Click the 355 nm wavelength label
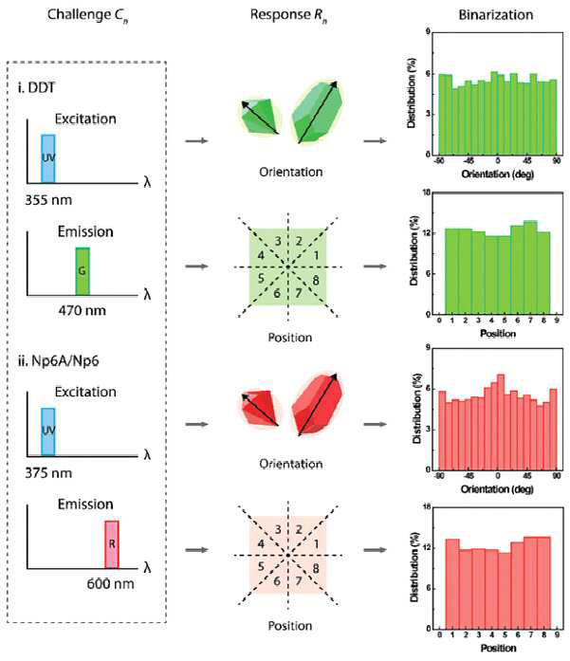click(48, 200)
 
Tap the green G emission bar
click(83, 271)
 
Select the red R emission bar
click(112, 544)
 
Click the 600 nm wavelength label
click(110, 584)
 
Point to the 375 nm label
click(48, 473)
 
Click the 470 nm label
click(83, 311)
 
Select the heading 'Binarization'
click(496, 15)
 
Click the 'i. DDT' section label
click(37, 87)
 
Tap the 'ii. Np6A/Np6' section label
click(59, 361)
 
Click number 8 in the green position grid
click(316, 280)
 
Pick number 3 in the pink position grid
click(278, 529)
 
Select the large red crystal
click(317, 404)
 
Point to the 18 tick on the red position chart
click(427, 507)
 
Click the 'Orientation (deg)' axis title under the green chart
click(498, 174)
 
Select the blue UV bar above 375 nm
click(48, 431)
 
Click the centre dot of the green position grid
click(288, 266)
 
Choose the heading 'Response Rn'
click(289, 15)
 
